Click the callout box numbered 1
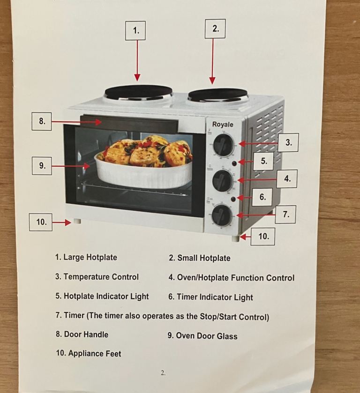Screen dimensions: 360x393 (135, 30)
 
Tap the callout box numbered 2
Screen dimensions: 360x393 (215, 29)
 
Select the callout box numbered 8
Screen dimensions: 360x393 (42, 121)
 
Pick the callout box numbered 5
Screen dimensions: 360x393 (263, 161)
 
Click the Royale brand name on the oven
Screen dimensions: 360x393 (223, 124)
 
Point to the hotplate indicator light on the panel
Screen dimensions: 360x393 (234, 163)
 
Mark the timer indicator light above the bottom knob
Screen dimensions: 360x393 (233, 199)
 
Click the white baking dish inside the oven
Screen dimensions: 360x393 (143, 173)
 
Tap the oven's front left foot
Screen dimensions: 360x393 (77, 221)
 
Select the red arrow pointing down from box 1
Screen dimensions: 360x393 (137, 60)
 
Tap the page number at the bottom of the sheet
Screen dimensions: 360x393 (163, 373)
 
